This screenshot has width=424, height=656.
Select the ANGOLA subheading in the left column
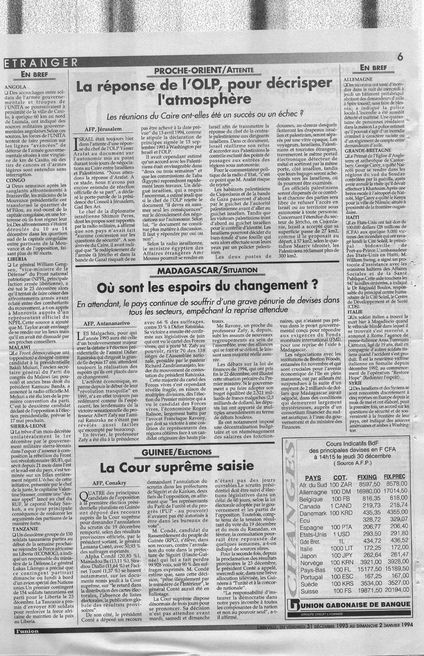tap(15, 87)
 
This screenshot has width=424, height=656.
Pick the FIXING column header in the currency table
tap(367, 478)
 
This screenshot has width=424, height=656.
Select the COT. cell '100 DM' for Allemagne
tap(340, 492)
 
